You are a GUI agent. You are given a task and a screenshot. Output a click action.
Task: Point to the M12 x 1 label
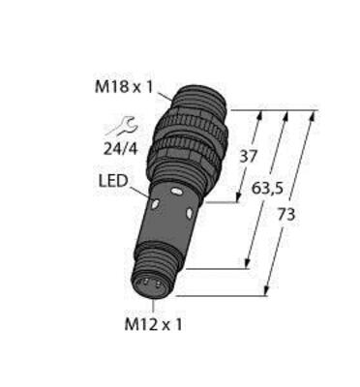click(145, 321)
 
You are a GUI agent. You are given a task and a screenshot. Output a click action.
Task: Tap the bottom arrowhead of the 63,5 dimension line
click(249, 267)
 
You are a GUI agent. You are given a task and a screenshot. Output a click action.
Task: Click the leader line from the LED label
click(142, 192)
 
